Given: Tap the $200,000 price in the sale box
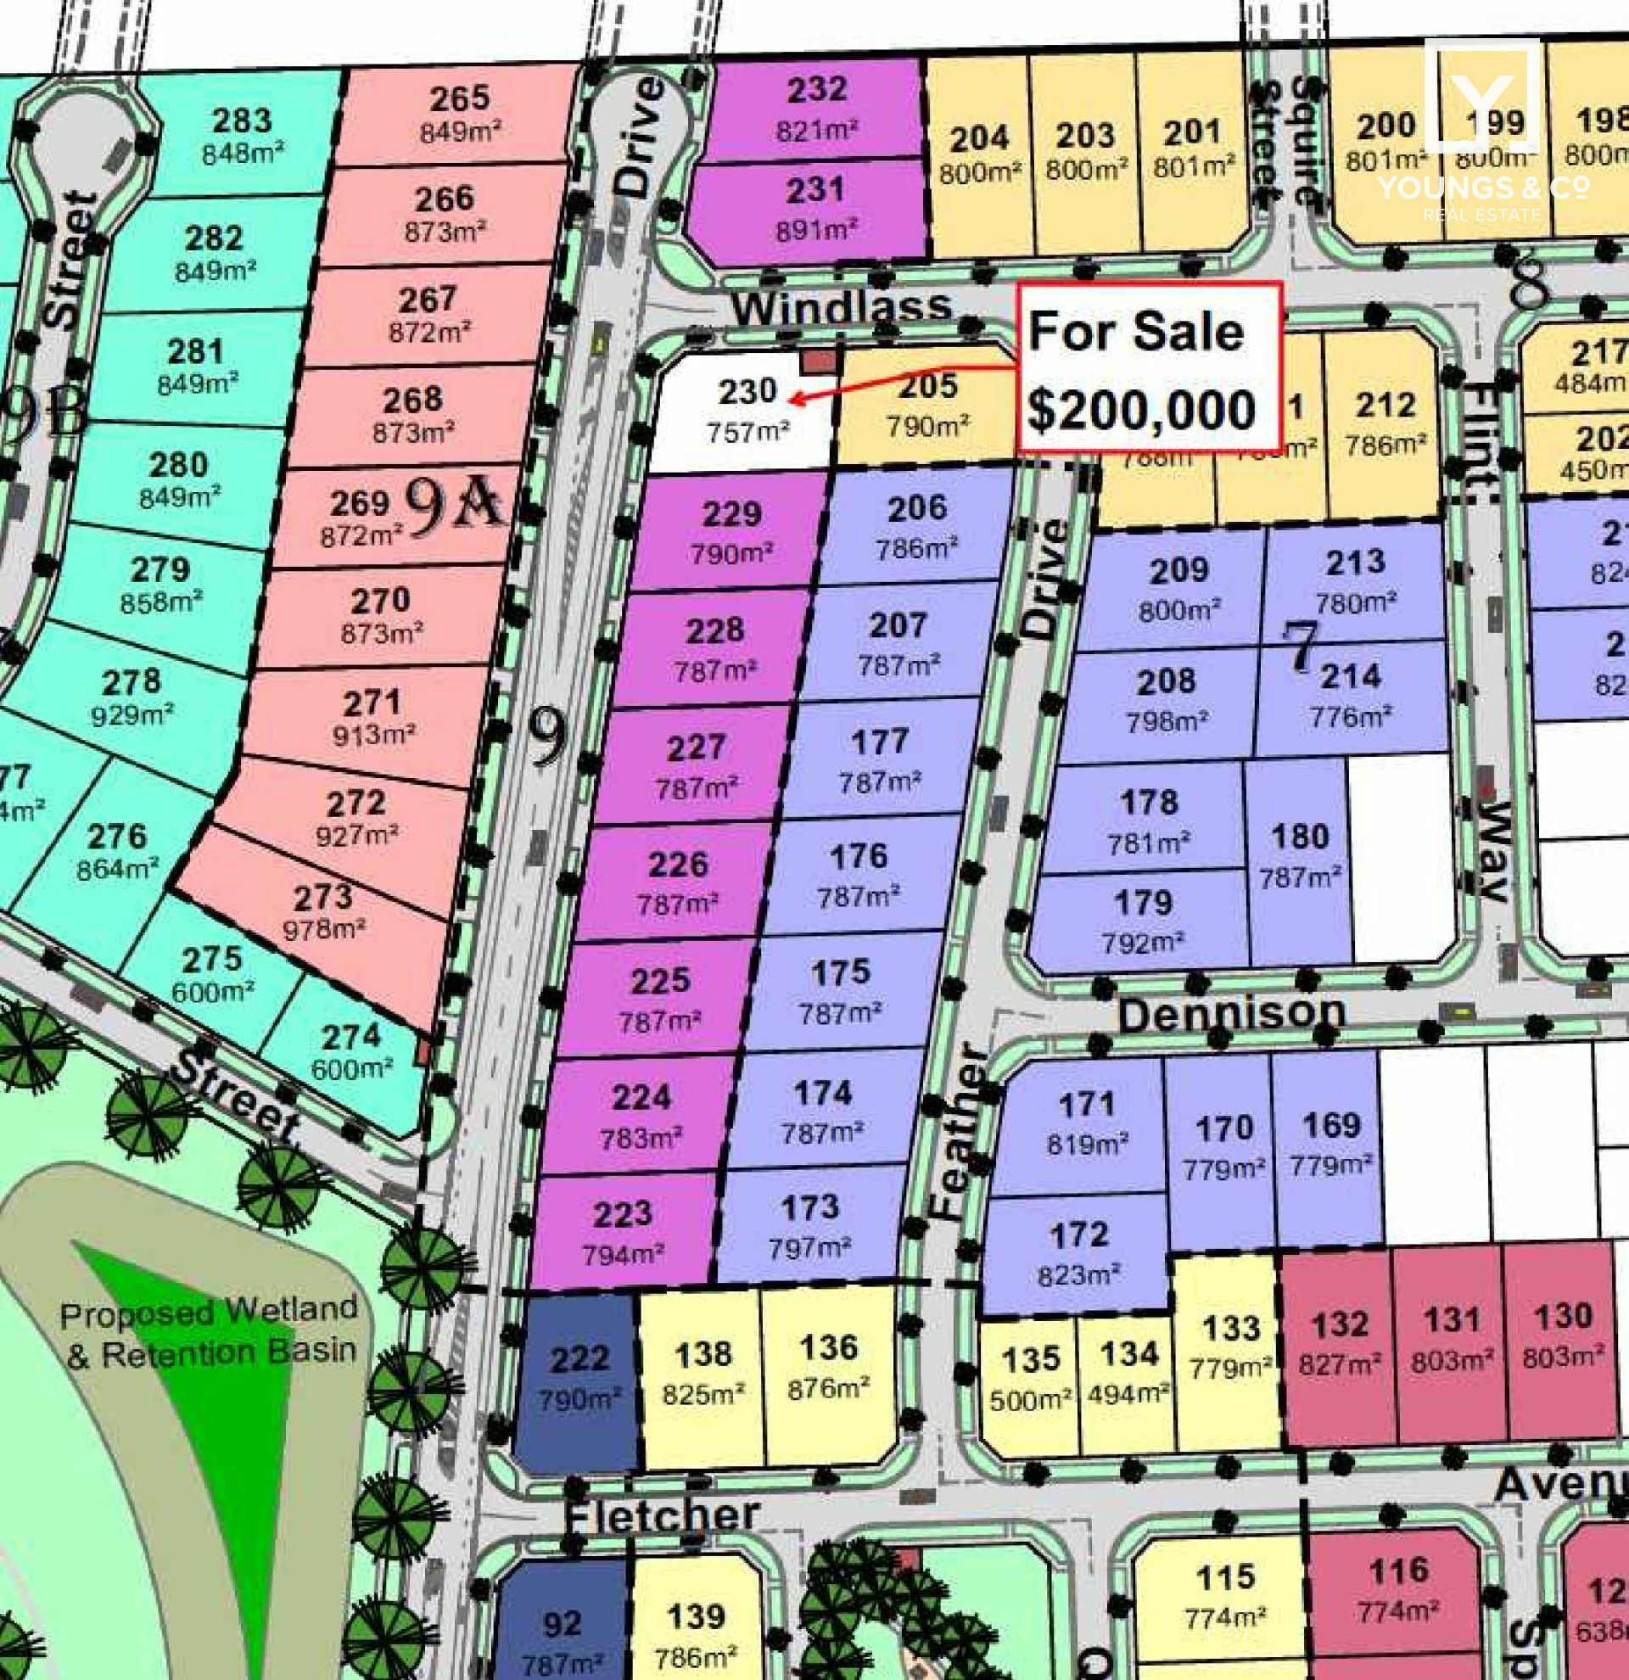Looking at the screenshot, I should click(1141, 409).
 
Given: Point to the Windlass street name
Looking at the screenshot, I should click(841, 308).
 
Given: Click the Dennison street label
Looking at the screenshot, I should click(1230, 1014).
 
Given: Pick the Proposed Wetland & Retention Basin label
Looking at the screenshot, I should click(208, 1333).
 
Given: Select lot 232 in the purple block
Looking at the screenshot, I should click(817, 107).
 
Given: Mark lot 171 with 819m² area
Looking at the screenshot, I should click(1087, 1121).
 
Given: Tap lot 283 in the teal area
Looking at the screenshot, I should click(243, 136).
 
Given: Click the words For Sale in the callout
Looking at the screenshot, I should click(1135, 331).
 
